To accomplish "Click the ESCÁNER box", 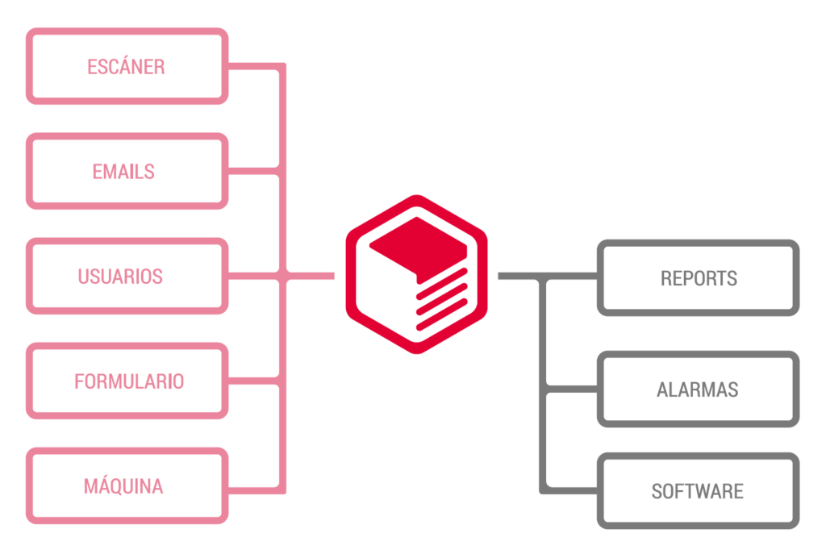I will pos(127,66).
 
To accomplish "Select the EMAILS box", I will pos(127,171).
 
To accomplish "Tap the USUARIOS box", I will pos(127,276).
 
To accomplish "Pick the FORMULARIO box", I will pos(127,381).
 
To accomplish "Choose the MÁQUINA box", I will pos(127,486).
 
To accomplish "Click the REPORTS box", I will pos(698,278).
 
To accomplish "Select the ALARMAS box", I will pos(698,389).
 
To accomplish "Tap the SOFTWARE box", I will pos(698,491).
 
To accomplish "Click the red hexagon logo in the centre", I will pos(416,274).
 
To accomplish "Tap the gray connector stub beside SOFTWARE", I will pos(571,489).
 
